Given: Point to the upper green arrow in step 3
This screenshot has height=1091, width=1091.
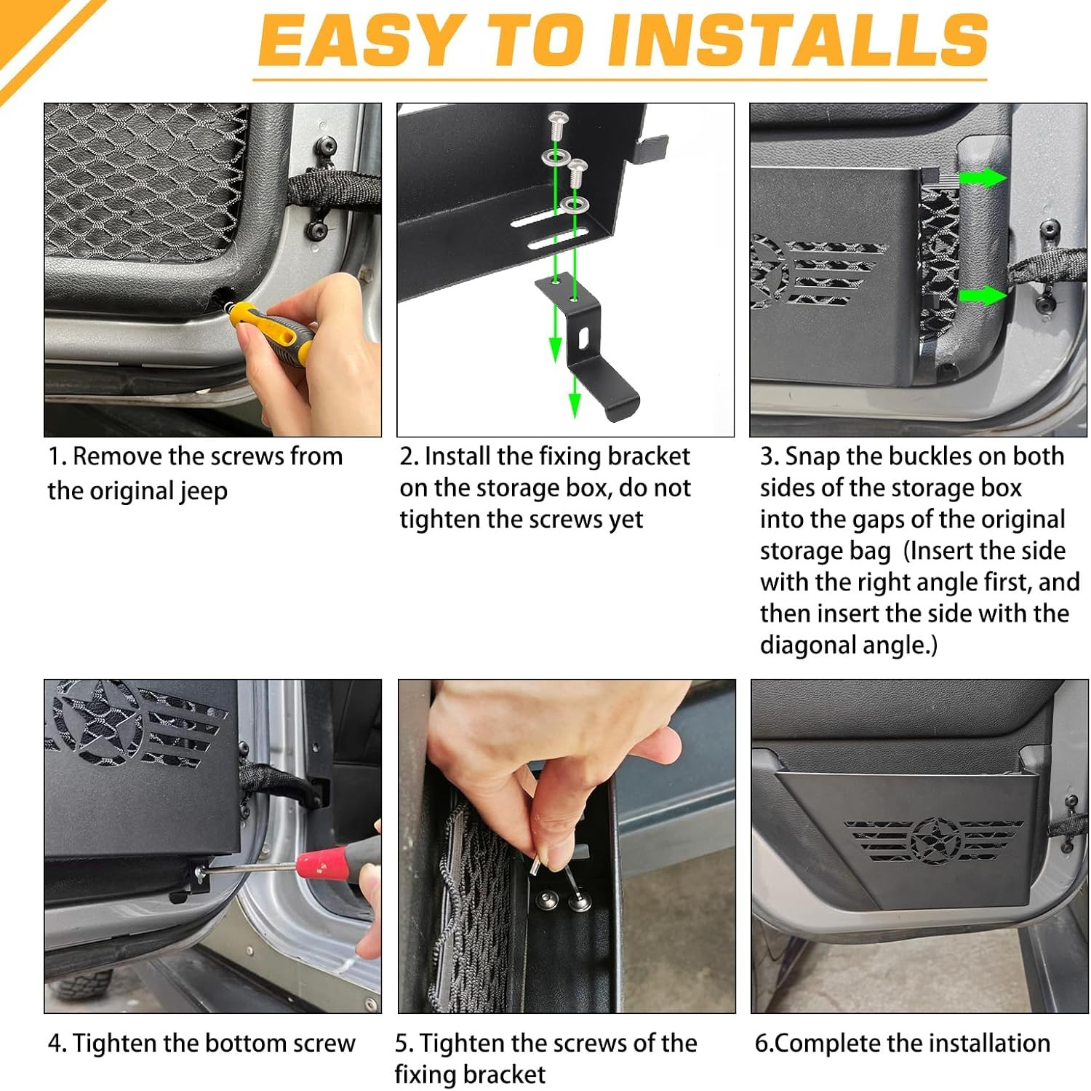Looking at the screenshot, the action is (983, 178).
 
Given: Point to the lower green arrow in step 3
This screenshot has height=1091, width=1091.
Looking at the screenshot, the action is (983, 295).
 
